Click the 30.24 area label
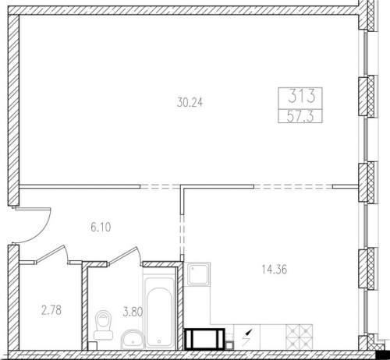(x=190, y=103)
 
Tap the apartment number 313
(x=302, y=95)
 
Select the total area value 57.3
(x=300, y=116)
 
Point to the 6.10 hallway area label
(x=101, y=228)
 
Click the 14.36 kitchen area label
(x=275, y=270)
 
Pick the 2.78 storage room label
(x=51, y=310)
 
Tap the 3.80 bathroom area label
(x=133, y=312)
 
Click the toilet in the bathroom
(x=103, y=325)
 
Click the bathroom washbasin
(x=133, y=340)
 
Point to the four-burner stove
(x=300, y=337)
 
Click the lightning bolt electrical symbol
(x=246, y=337)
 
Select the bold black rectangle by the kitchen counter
(x=204, y=339)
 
